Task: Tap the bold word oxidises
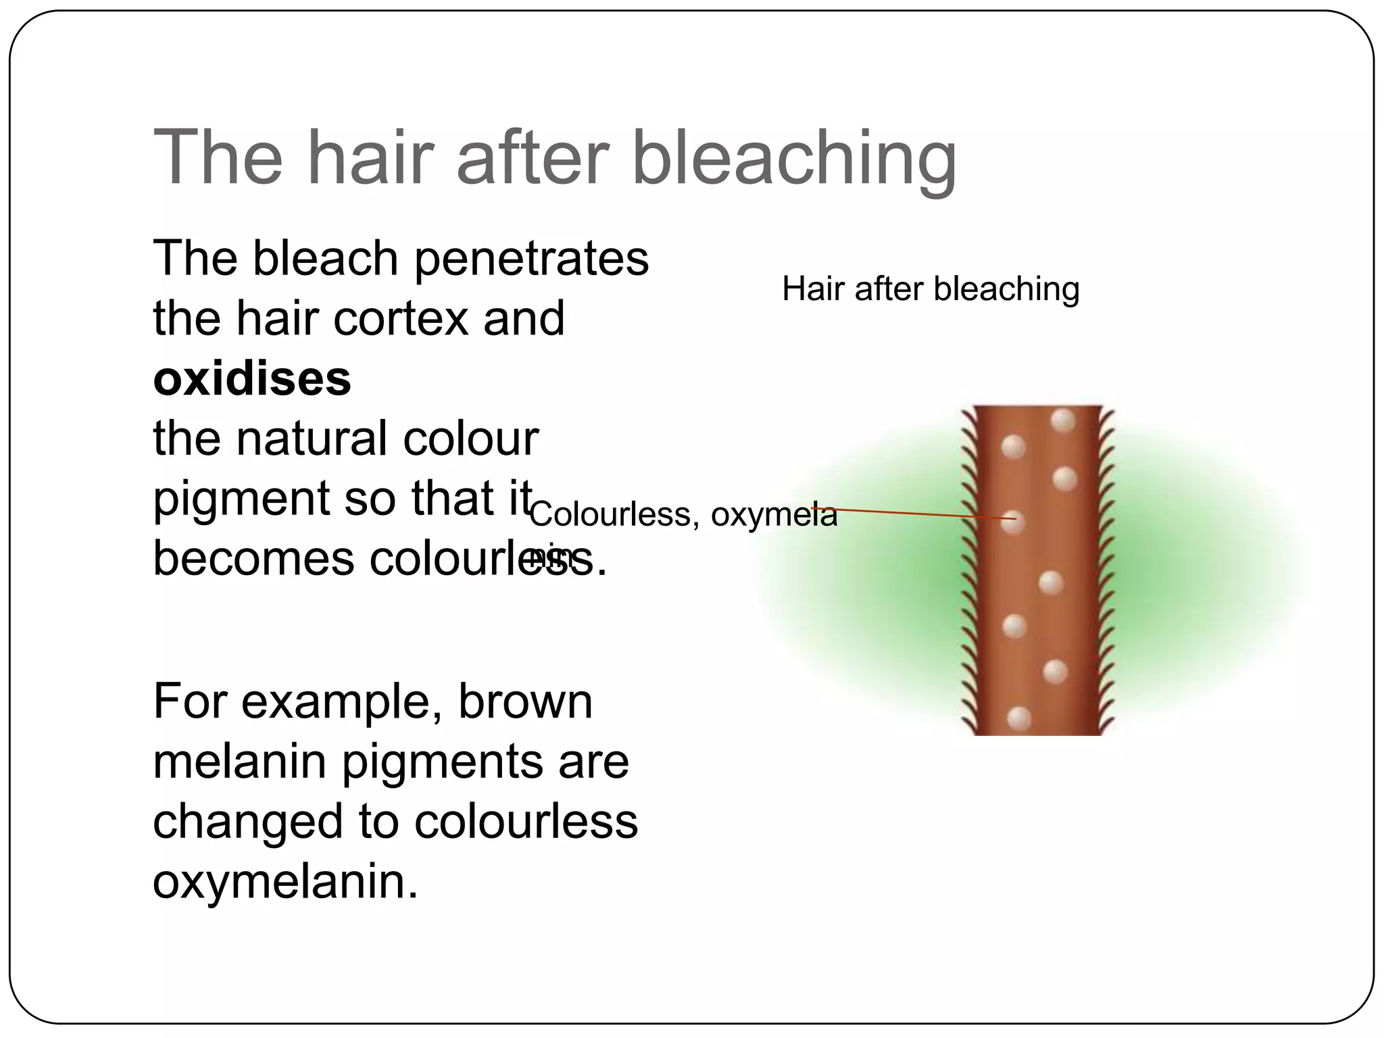(252, 378)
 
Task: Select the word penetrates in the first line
(531, 259)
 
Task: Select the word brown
(525, 701)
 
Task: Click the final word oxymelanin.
(285, 881)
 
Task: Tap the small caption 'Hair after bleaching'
(931, 289)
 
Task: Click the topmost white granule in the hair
(1063, 420)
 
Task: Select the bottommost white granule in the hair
(1018, 718)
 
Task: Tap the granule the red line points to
(1012, 522)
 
